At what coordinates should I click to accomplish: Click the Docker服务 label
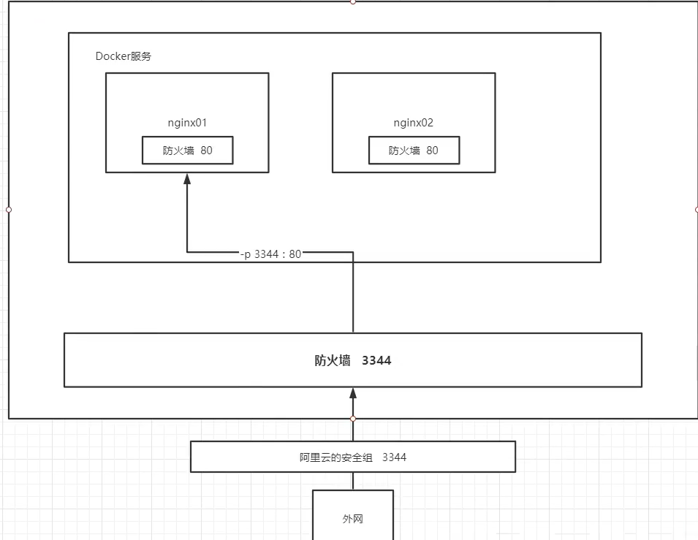124,56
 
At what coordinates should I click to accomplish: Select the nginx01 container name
187,123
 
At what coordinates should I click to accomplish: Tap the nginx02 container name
414,123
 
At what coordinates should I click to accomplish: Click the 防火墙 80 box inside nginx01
187,151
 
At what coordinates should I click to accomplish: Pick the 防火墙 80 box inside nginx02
414,151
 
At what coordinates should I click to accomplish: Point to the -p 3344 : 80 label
270,254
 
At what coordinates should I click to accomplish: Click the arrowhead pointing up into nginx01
187,178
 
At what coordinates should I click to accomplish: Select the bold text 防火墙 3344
353,360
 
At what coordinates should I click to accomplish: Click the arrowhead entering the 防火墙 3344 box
353,392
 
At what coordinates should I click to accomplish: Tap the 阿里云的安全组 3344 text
353,457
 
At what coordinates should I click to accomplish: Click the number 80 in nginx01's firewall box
206,151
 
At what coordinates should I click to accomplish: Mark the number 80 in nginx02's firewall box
432,151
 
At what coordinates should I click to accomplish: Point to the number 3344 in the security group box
394,457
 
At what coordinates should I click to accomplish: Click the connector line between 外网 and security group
353,481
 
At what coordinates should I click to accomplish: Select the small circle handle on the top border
353,1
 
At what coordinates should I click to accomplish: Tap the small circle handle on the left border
9,210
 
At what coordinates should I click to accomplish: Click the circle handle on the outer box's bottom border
353,419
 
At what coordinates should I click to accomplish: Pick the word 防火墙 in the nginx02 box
404,151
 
